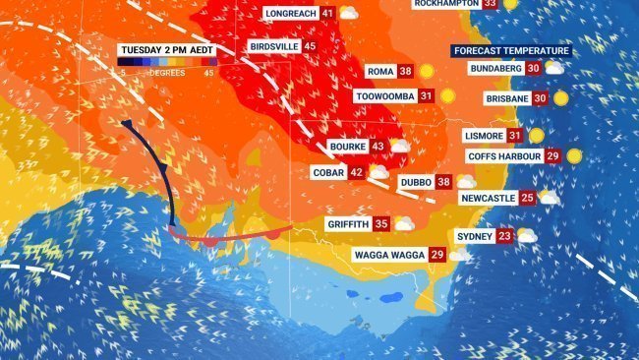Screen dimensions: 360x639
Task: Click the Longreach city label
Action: (289, 14)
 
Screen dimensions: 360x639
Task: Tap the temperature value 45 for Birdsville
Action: (310, 46)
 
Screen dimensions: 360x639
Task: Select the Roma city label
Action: (378, 72)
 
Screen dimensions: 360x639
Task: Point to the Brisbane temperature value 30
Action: (540, 98)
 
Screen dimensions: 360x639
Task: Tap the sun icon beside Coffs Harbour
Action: (574, 155)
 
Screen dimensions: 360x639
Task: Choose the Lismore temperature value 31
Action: (514, 136)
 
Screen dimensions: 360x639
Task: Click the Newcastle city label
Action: (488, 198)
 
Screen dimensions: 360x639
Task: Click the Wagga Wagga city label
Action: (389, 255)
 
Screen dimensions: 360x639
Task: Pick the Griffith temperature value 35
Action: (381, 224)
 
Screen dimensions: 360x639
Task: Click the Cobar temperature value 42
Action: (356, 172)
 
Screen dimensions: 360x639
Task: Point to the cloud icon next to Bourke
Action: (400, 146)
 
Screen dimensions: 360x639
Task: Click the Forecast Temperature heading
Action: (511, 51)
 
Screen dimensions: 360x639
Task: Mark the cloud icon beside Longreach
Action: (348, 13)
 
